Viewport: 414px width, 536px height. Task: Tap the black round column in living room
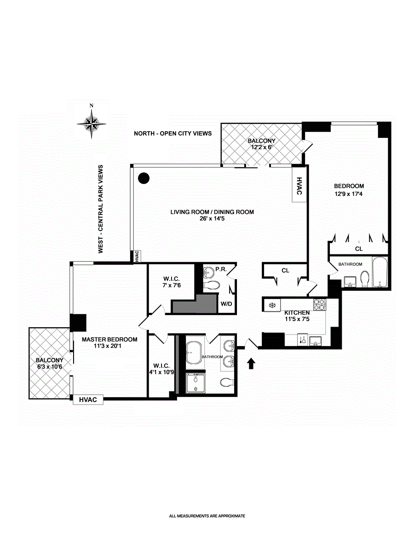144,178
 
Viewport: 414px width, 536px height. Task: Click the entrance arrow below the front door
251,364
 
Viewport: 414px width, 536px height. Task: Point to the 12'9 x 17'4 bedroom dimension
349,194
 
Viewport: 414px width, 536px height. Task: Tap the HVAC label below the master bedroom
88,400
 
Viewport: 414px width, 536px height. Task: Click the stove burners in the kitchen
319,305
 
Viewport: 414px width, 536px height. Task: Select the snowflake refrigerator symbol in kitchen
272,305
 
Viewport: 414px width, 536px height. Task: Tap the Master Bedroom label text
109,340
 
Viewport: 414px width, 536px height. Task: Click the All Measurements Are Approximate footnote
207,516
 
